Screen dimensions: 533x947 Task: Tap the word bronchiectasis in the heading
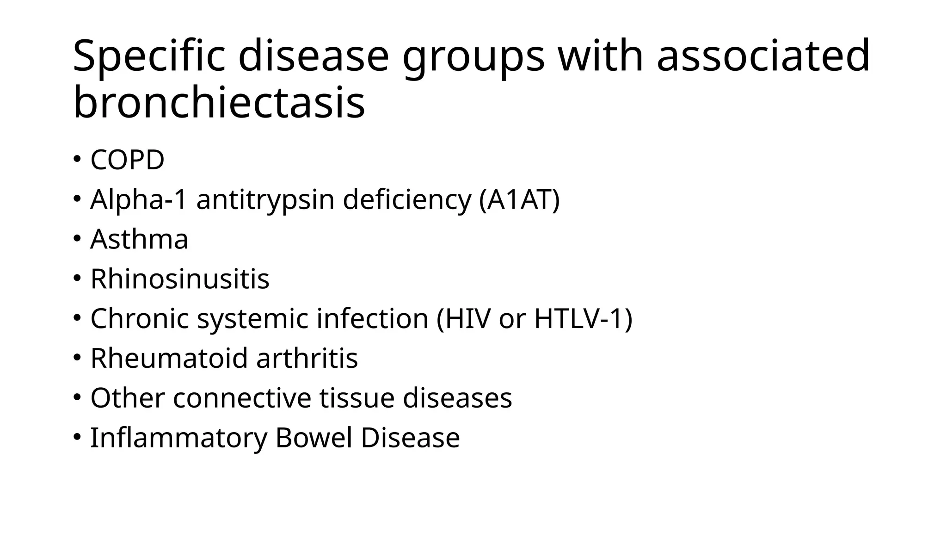pyautogui.click(x=219, y=103)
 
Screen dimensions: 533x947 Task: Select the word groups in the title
pyautogui.click(x=473, y=56)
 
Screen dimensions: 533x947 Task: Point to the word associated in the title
pyautogui.click(x=763, y=56)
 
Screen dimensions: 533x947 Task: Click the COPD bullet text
pyautogui.click(x=127, y=160)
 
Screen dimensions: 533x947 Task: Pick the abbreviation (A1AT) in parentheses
pyautogui.click(x=519, y=200)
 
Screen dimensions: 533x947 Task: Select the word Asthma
pyautogui.click(x=139, y=239)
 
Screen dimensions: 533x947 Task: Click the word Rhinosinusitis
pyautogui.click(x=180, y=279)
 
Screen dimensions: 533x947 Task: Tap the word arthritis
pyautogui.click(x=307, y=358)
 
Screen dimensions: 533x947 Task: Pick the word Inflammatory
pyautogui.click(x=178, y=438)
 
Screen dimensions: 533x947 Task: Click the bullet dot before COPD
pyautogui.click(x=77, y=160)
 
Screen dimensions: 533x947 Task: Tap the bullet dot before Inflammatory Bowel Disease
pyautogui.click(x=77, y=437)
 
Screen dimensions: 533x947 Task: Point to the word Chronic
pyautogui.click(x=140, y=319)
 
